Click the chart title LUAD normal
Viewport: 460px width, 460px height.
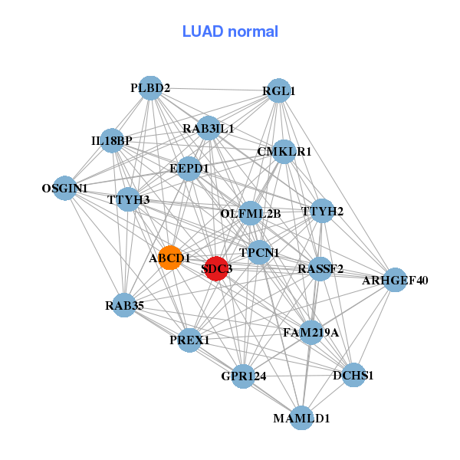click(230, 31)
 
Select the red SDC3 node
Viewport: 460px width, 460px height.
click(217, 268)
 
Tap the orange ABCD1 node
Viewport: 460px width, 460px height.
click(170, 258)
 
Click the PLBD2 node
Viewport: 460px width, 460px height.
click(150, 88)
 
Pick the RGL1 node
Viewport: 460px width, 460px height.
click(278, 90)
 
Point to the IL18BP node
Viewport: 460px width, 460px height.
click(112, 140)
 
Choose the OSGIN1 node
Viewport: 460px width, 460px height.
click(65, 188)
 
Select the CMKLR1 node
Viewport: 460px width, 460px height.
click(284, 151)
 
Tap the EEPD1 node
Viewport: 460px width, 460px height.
click(189, 167)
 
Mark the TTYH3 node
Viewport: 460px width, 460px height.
click(129, 200)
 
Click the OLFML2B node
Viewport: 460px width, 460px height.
click(251, 212)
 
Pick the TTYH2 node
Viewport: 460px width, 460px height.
click(322, 210)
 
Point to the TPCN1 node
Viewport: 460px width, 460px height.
click(259, 252)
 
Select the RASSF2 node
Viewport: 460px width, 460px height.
click(320, 268)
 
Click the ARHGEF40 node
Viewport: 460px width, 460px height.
click(395, 280)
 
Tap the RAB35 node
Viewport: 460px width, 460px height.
click(124, 306)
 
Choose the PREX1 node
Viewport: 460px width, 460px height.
click(189, 340)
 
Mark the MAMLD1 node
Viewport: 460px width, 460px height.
click(302, 418)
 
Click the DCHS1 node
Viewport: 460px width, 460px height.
click(353, 375)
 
